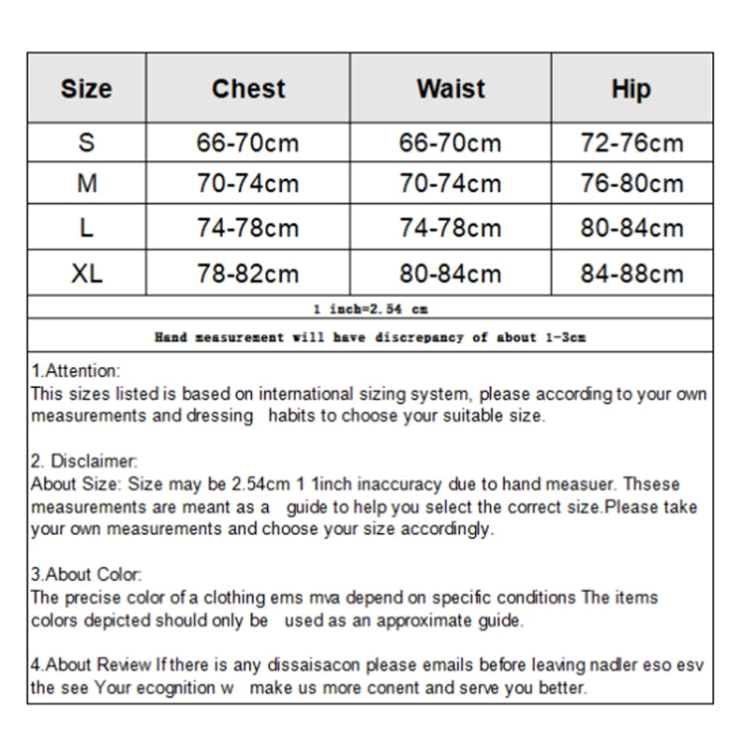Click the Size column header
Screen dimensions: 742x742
pos(86,89)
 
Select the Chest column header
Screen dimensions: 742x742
pos(248,89)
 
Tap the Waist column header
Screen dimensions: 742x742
pos(450,89)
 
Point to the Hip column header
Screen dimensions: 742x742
pos(631,89)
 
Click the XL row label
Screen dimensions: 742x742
pos(86,273)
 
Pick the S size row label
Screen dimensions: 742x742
pos(86,143)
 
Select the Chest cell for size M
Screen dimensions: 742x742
pos(247,184)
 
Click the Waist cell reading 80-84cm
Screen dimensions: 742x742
pos(450,273)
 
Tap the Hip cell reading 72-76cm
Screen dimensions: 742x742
pos(631,143)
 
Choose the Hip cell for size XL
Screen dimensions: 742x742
pos(631,273)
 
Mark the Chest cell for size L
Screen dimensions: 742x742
pos(247,229)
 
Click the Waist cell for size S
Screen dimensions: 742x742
pos(450,143)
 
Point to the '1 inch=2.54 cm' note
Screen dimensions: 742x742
pos(370,309)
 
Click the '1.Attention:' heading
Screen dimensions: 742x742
pos(75,371)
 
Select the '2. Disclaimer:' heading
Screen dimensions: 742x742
pos(84,461)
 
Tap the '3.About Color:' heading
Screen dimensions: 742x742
pos(86,574)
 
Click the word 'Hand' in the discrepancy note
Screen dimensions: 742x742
pos(170,336)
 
